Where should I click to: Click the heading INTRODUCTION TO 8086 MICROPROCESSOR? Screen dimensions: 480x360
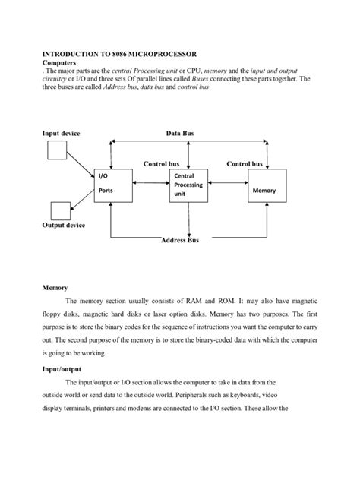point(118,55)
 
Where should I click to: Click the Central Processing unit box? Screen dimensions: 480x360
point(188,185)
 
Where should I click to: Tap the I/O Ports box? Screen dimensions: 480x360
point(111,185)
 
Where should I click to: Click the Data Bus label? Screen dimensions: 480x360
point(180,133)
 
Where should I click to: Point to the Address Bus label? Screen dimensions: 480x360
point(180,240)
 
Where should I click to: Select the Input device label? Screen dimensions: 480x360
point(61,133)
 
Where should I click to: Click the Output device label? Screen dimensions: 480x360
point(63,226)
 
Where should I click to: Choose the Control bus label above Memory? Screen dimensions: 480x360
point(245,163)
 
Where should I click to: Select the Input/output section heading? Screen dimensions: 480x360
point(62,368)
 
